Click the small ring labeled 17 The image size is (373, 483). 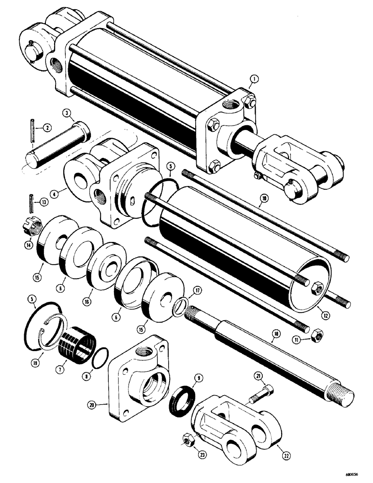coord(180,306)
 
